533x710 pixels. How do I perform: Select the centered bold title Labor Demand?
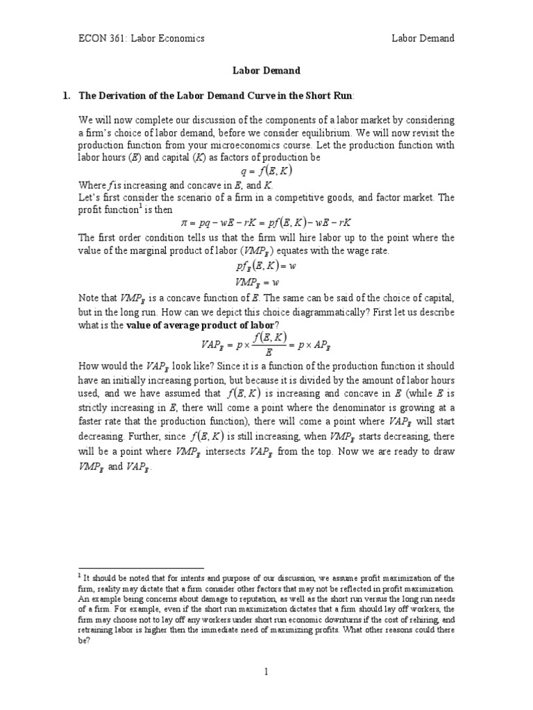click(x=266, y=70)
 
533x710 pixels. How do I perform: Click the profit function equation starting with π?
click(x=266, y=223)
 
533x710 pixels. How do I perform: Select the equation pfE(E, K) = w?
click(x=266, y=266)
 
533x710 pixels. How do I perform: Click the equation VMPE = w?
click(x=266, y=282)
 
